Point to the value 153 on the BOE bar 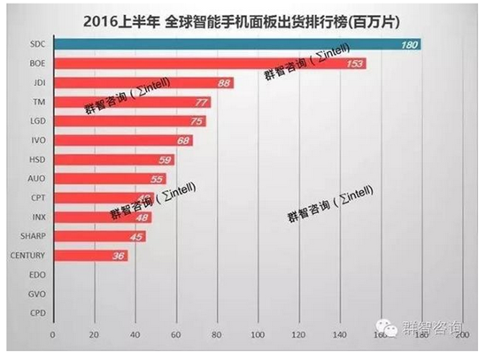(354, 65)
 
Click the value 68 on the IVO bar (183, 141)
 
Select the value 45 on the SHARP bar (136, 237)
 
